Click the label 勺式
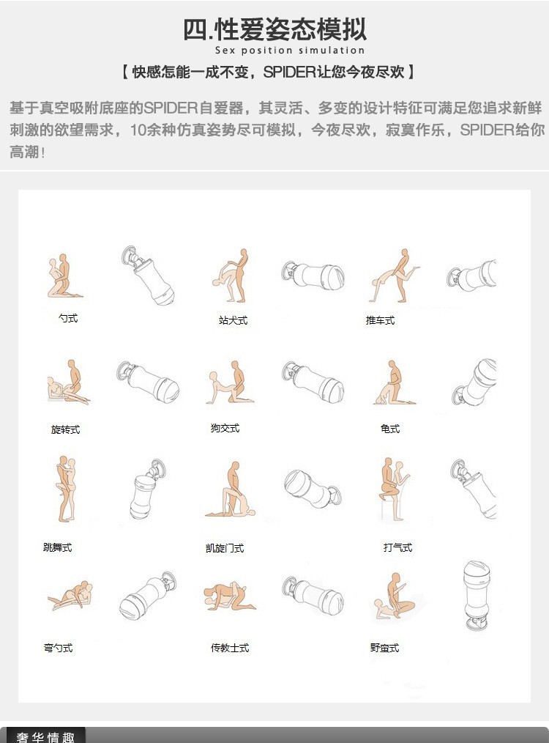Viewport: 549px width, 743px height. [x=68, y=318]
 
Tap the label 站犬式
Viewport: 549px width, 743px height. [x=233, y=320]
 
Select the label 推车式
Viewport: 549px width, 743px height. [x=380, y=320]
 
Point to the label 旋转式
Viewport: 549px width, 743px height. [x=65, y=429]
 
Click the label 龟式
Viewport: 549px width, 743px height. [x=390, y=429]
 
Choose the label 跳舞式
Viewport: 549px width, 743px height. [x=57, y=547]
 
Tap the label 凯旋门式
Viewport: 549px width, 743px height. [x=225, y=548]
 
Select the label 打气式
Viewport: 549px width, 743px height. [x=397, y=547]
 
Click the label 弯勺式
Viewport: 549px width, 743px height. [x=59, y=648]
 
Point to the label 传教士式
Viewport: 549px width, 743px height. [x=230, y=648]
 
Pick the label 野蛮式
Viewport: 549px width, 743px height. [x=384, y=648]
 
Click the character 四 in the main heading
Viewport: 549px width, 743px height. [x=195, y=29]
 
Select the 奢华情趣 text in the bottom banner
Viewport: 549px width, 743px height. [x=46, y=737]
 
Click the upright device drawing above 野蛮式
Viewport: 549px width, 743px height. [x=477, y=596]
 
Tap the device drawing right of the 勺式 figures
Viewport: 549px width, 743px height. [x=148, y=276]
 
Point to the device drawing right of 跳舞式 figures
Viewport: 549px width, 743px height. [x=148, y=489]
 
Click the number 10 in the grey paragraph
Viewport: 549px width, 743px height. [x=138, y=130]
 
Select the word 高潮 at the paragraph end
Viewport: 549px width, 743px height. [x=24, y=152]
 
